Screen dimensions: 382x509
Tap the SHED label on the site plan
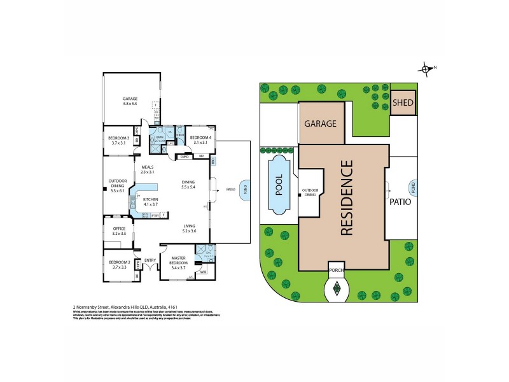402,103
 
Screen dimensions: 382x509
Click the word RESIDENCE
346,198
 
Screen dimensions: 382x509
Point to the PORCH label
336,269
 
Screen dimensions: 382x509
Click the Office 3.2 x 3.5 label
118,232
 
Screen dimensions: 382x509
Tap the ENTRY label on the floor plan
150,260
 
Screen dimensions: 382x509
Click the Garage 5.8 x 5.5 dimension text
130,103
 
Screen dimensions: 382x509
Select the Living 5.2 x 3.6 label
189,228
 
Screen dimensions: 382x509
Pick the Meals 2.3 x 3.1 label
148,170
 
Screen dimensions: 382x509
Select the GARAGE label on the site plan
320,124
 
